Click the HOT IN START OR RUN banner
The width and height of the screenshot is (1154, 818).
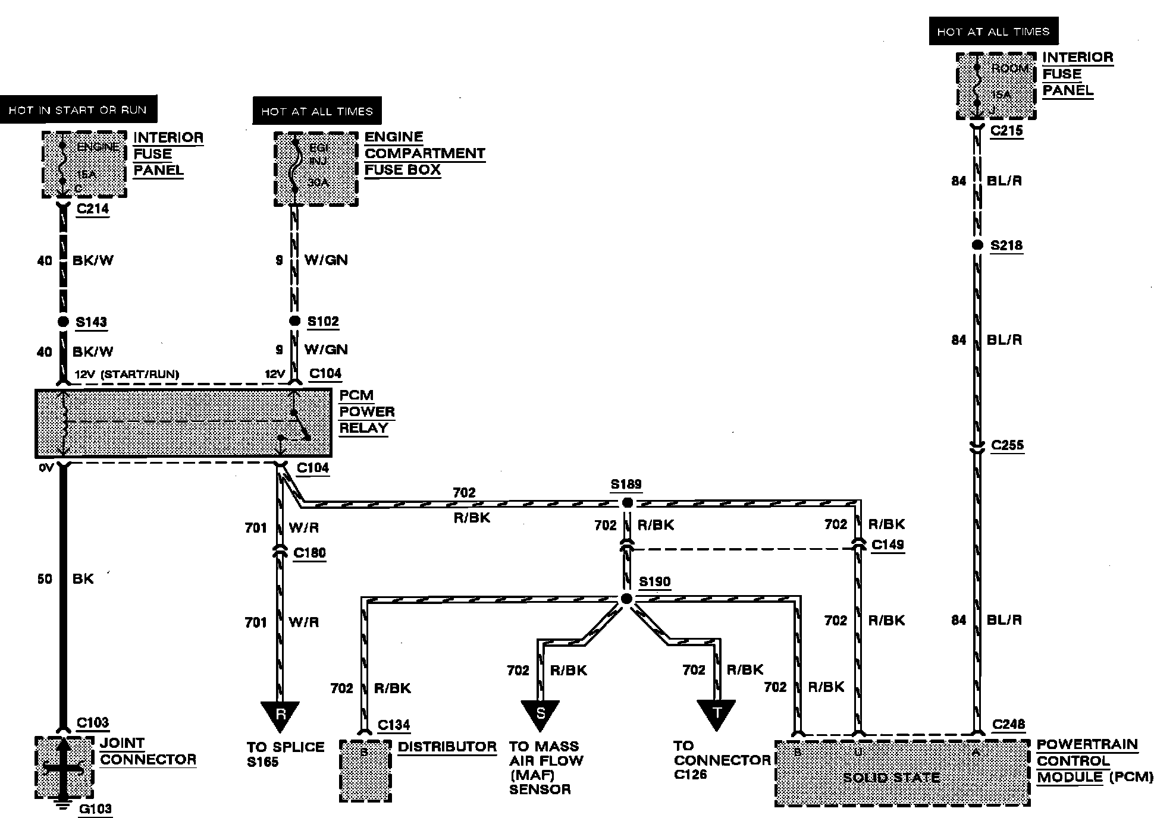[78, 110]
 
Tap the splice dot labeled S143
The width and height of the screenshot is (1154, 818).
[62, 322]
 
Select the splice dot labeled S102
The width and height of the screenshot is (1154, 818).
[294, 321]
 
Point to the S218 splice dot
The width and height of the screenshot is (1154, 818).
[977, 246]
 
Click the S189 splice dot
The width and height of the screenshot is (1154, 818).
[626, 503]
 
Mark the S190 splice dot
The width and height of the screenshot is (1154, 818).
[626, 599]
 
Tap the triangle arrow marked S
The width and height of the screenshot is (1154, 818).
[540, 714]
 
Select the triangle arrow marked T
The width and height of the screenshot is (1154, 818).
[717, 714]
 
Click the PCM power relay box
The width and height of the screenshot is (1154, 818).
[183, 423]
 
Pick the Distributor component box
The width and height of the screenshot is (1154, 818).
[365, 771]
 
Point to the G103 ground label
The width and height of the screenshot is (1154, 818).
[95, 808]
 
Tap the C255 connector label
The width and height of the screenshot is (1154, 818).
[1008, 445]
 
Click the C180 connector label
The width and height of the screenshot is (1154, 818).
[310, 553]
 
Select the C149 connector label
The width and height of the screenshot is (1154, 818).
[888, 545]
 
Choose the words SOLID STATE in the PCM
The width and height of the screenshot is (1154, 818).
[891, 778]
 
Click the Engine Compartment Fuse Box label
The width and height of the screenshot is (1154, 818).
[424, 153]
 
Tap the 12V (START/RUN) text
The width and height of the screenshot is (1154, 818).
[127, 374]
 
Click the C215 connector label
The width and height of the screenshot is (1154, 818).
[1006, 130]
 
